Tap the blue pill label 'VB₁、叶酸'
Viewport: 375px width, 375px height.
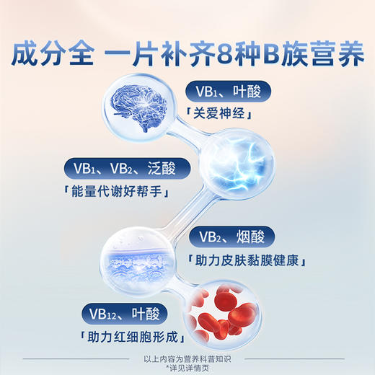(226, 91)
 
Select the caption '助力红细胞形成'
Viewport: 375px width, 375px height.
(135, 337)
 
